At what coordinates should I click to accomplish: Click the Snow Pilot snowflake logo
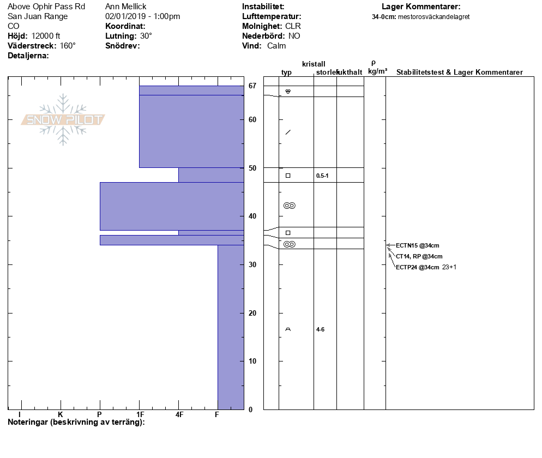coord(63,119)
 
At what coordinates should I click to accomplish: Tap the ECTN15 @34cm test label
coord(417,245)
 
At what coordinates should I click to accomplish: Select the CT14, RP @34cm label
coord(419,256)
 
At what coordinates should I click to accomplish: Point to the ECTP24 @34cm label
coord(417,267)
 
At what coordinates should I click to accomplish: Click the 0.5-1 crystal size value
coord(322,176)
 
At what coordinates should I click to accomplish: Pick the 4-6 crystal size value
coord(320,329)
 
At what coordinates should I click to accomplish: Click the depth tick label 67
coord(252,86)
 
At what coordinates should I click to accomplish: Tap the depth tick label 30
coord(252,264)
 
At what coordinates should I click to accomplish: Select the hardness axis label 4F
coord(179,414)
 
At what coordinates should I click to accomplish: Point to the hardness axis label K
coord(60,414)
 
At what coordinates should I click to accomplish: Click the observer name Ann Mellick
coord(126,7)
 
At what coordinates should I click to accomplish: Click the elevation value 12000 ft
coord(46,36)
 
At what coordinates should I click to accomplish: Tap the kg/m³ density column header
coord(377,71)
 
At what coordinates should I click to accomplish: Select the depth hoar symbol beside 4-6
coord(288,329)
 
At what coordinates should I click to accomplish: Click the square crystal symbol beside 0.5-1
coord(288,176)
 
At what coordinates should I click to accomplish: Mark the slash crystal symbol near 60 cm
coord(288,132)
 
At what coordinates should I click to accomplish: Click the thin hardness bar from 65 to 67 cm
coord(191,90)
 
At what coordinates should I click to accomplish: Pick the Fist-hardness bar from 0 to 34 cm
coord(231,327)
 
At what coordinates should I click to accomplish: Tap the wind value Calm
coord(276,46)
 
